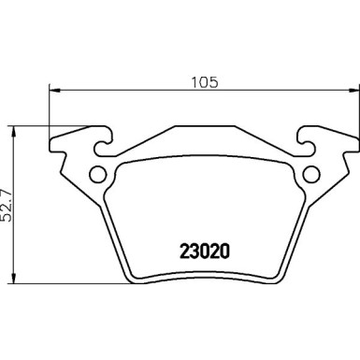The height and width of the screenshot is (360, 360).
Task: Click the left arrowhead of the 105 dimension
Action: point(53,90)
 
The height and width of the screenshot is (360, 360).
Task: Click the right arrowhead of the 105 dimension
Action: point(353,90)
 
